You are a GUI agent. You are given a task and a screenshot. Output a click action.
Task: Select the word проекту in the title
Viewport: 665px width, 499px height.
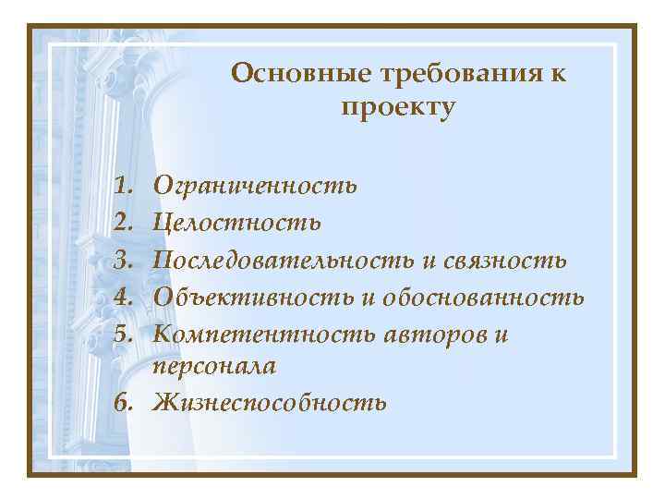(x=398, y=108)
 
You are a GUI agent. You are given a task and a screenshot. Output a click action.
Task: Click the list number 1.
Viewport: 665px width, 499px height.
(x=125, y=186)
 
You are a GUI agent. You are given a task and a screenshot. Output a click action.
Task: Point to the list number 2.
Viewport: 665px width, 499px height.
(x=125, y=222)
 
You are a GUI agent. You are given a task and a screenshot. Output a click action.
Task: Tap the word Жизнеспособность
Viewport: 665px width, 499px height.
(x=271, y=404)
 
